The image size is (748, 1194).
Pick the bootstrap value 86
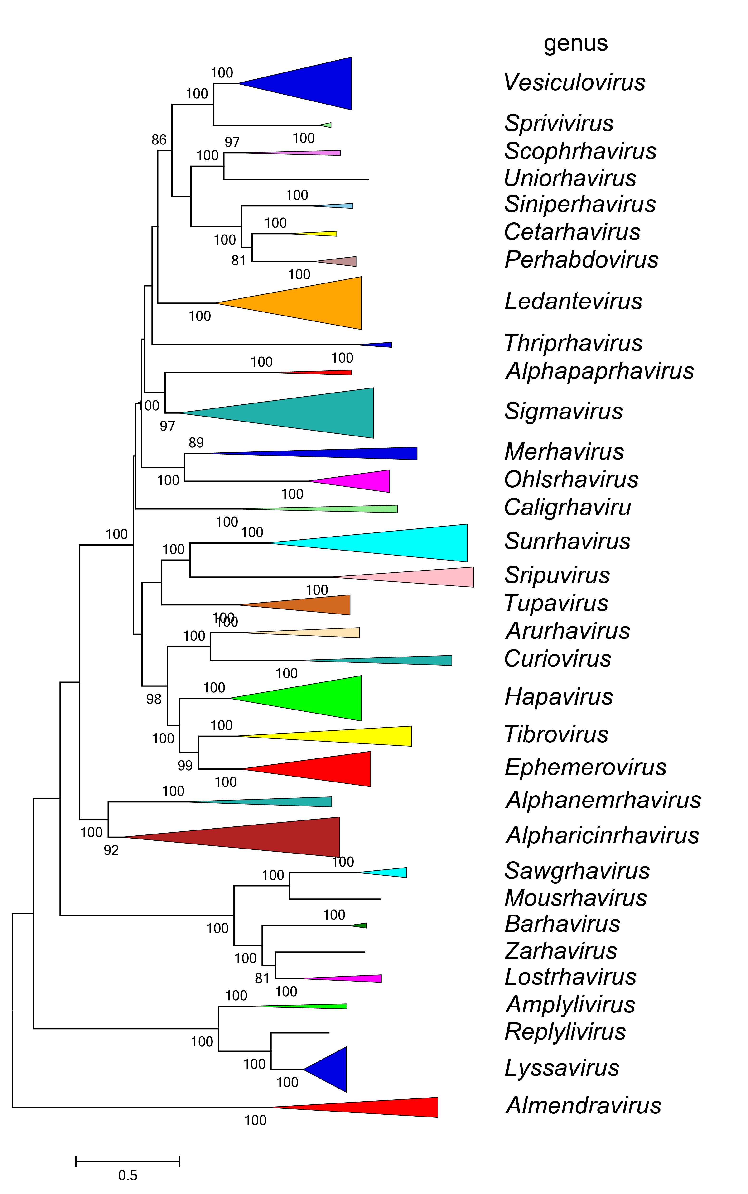pos(159,140)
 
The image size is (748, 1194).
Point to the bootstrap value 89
pos(196,442)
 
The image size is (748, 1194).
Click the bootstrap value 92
pos(111,850)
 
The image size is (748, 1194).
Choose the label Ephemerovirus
pos(585,767)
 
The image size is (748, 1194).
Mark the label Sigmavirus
pos(564,411)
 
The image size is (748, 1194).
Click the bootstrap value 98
pos(154,699)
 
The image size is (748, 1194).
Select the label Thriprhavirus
pos(573,343)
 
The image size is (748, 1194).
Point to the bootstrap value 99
pos(185,765)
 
